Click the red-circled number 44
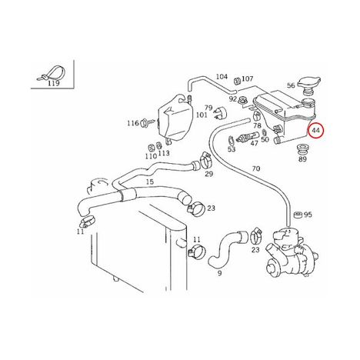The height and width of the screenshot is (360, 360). [x=315, y=131]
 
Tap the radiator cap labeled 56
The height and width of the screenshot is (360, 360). [x=310, y=84]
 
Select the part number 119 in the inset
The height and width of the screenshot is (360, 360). [x=54, y=83]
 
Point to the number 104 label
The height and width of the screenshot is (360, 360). [x=222, y=76]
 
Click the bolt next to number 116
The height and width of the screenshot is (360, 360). [x=148, y=122]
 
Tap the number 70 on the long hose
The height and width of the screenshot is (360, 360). [x=256, y=168]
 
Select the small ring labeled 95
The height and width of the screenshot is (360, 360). [x=298, y=215]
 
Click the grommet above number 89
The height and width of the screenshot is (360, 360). [x=302, y=148]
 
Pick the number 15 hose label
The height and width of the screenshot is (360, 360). [x=150, y=182]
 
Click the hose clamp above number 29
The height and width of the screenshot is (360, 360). [x=205, y=160]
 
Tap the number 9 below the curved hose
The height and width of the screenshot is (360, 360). [x=219, y=273]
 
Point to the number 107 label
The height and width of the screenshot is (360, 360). [x=248, y=78]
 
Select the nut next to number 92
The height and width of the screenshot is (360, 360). [x=242, y=101]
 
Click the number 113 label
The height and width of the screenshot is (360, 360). [x=164, y=153]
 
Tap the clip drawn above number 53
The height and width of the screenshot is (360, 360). [x=231, y=140]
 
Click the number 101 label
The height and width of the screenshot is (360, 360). [x=202, y=115]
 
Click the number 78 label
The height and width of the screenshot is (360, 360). [x=257, y=125]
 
